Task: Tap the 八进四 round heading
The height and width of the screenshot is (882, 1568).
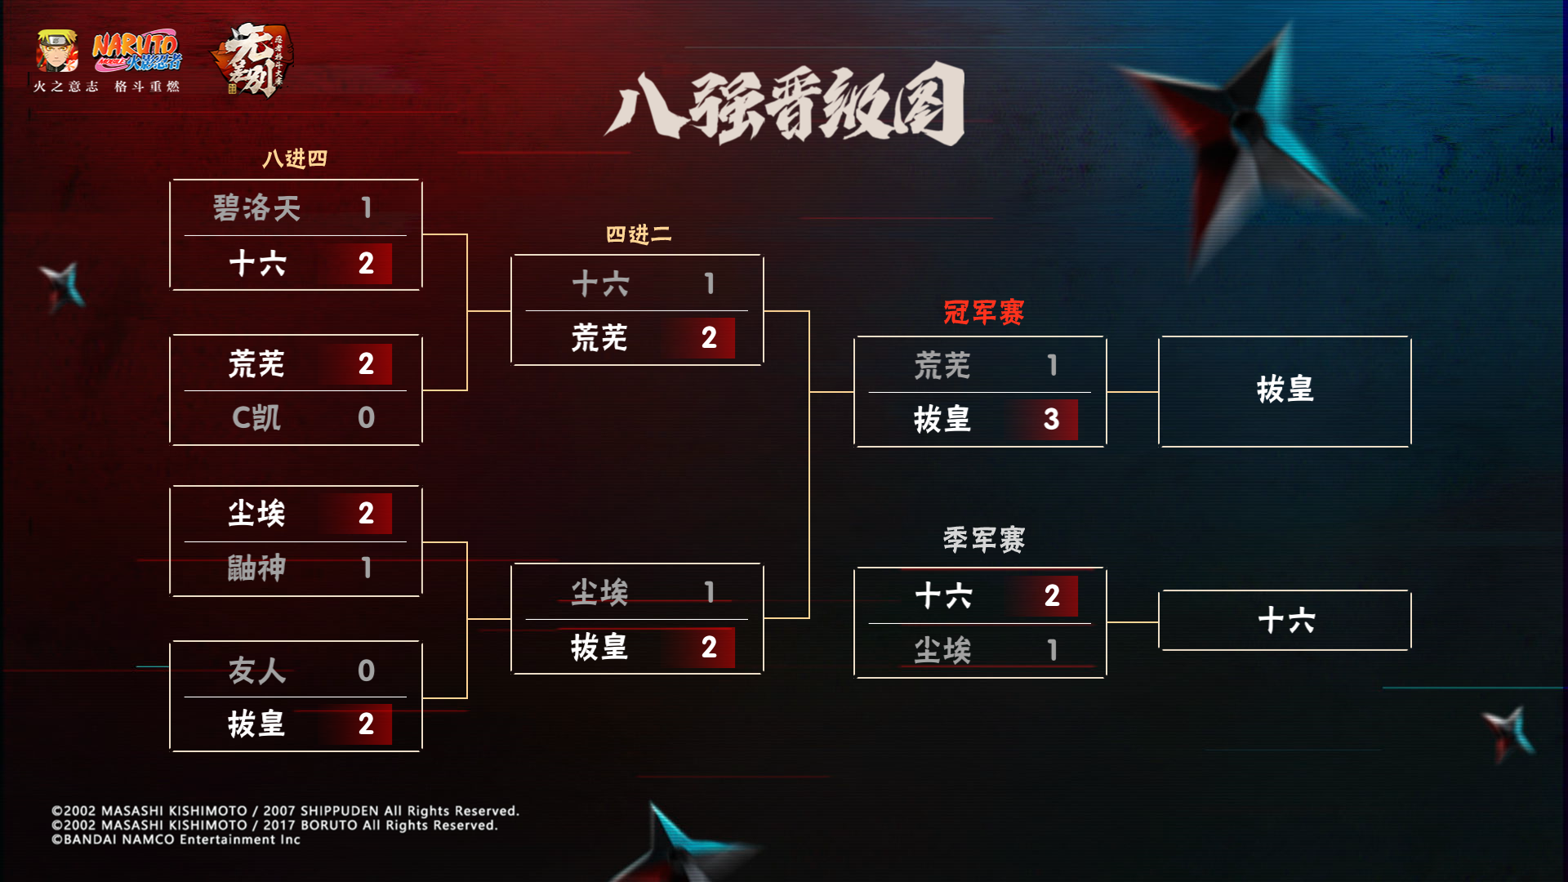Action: (x=295, y=158)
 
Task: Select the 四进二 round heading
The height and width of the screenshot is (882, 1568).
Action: (x=639, y=235)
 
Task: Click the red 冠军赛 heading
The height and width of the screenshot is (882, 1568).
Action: (x=983, y=312)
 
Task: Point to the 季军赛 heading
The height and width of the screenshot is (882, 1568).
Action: (x=983, y=540)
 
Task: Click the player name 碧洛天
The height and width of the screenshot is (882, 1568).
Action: (x=256, y=208)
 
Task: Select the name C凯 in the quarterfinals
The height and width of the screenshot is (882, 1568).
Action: (x=256, y=418)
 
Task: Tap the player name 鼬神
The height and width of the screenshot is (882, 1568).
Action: (x=256, y=568)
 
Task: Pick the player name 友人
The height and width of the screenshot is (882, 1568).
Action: (x=256, y=671)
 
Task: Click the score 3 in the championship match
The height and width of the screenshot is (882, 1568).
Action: (x=1051, y=420)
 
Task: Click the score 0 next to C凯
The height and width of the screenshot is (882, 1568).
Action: (x=366, y=418)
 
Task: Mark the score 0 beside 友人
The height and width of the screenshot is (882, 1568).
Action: (x=366, y=671)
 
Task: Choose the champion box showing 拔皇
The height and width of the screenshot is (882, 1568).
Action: (x=1285, y=390)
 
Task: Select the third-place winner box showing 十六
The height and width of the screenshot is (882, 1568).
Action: (x=1285, y=621)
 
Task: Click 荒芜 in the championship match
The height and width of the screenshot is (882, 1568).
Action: (x=942, y=365)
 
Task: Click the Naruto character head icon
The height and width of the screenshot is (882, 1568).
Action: (x=57, y=51)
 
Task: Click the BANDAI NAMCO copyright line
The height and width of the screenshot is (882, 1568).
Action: (x=176, y=840)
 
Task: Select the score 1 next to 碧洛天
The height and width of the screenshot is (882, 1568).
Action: (x=367, y=208)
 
